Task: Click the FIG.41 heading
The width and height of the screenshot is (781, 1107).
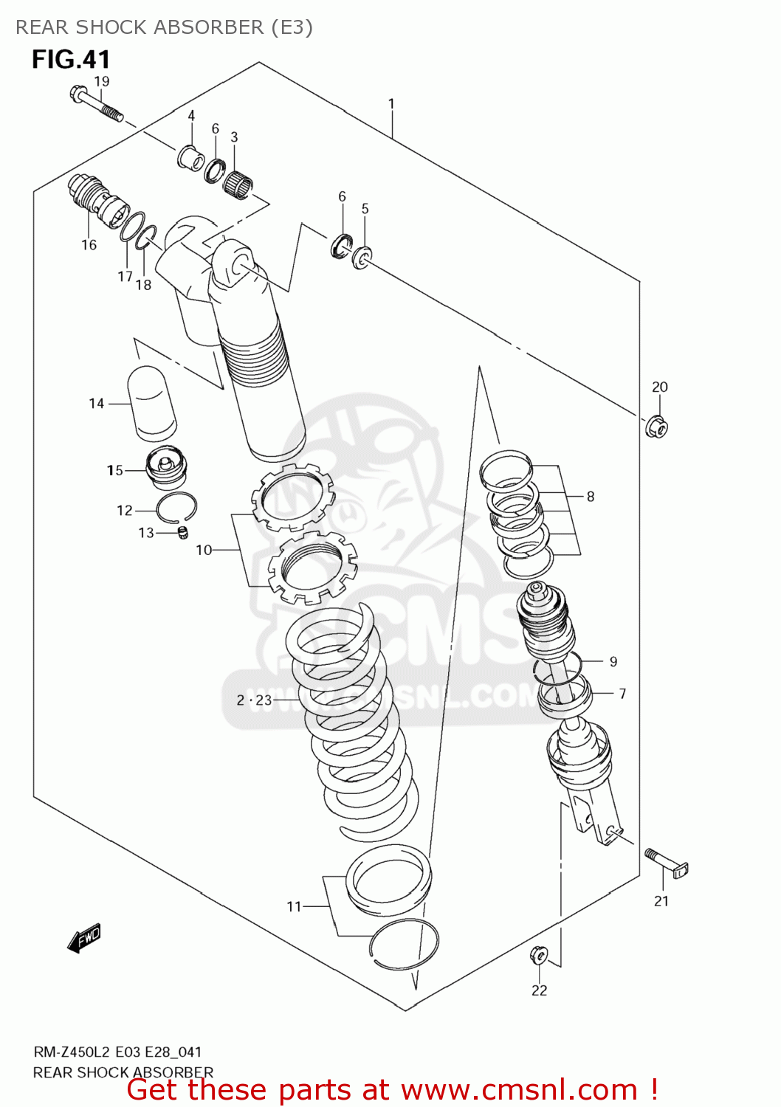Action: (71, 59)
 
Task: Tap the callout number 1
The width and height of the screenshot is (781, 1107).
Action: (391, 104)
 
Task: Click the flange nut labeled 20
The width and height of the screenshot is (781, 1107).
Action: (656, 427)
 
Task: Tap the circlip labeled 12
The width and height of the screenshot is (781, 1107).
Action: (176, 506)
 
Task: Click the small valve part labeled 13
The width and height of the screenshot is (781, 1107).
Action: (183, 532)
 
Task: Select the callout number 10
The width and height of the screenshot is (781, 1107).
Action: (204, 550)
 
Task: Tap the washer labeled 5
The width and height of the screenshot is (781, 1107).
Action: (362, 258)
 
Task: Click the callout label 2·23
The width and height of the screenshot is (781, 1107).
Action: (254, 700)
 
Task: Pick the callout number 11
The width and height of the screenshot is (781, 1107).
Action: (294, 906)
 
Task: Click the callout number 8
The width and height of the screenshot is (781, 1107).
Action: (591, 497)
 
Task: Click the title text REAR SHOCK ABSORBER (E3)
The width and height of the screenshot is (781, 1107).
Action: (164, 27)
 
